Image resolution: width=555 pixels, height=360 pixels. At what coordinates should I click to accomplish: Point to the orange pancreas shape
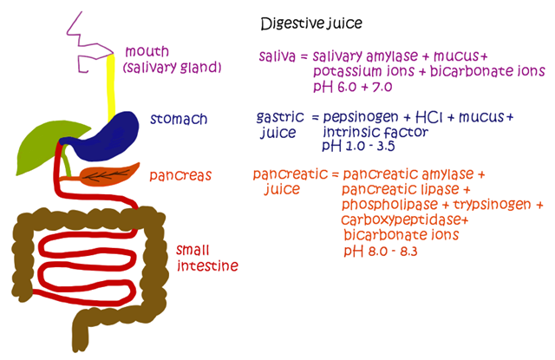[108, 175]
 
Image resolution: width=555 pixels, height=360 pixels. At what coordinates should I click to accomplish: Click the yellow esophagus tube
[111, 87]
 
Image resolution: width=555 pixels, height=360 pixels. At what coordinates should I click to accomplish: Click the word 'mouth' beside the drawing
[147, 52]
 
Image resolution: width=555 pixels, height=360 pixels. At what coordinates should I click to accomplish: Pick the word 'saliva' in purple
[277, 56]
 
